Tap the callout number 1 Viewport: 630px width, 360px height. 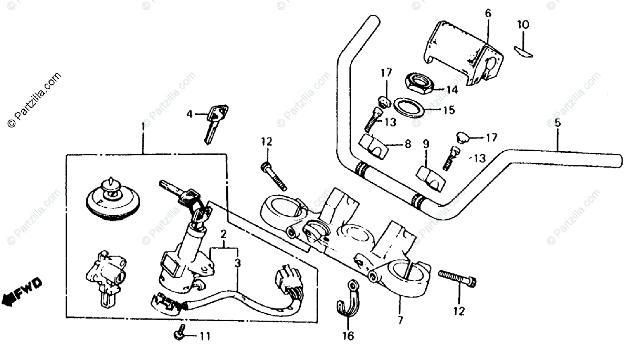(143, 127)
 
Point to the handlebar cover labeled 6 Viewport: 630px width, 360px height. (462, 52)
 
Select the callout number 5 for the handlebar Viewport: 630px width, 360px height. (558, 124)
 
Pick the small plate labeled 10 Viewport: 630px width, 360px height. (523, 50)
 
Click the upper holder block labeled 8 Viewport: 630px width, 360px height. (374, 146)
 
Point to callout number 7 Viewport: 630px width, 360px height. (401, 320)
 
